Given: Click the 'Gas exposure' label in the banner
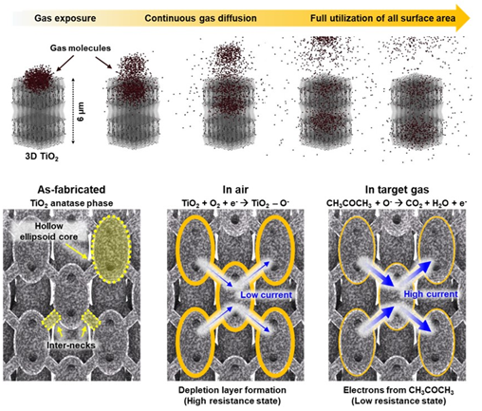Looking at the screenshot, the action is click(65, 18).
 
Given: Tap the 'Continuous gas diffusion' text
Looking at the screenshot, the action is click(200, 18).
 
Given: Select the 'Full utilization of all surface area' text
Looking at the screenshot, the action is click(382, 18).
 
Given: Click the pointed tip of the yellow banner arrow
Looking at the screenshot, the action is click(470, 18).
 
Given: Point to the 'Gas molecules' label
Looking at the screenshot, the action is click(81, 48).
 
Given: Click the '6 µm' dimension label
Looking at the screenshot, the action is click(81, 111).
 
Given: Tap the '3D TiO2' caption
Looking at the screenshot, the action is click(42, 157).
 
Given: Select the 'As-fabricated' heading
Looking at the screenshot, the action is click(71, 190).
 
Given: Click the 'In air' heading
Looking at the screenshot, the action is click(235, 190).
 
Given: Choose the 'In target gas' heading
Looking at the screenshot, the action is click(397, 190).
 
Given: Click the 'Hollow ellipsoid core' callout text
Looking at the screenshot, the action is click(48, 232).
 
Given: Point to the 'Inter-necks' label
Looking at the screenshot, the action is click(71, 345).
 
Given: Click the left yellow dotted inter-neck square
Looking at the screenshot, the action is click(51, 321).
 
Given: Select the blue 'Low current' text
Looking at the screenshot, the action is click(267, 295).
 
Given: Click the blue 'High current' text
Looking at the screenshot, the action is click(431, 294).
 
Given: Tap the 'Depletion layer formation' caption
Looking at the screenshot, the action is click(232, 390).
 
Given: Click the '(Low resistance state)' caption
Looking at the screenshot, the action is click(399, 401).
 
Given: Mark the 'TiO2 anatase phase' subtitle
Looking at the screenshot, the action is click(72, 203).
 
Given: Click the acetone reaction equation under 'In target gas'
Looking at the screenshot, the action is click(397, 203).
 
